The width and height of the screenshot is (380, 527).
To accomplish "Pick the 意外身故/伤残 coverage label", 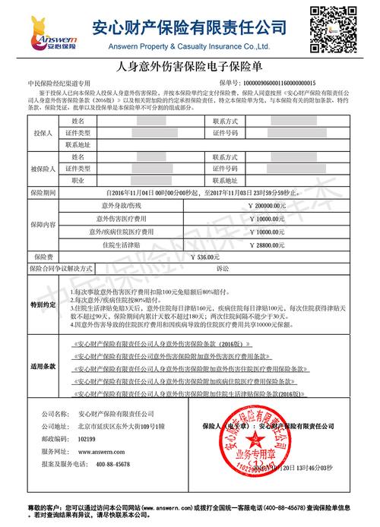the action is [x=122, y=205].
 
